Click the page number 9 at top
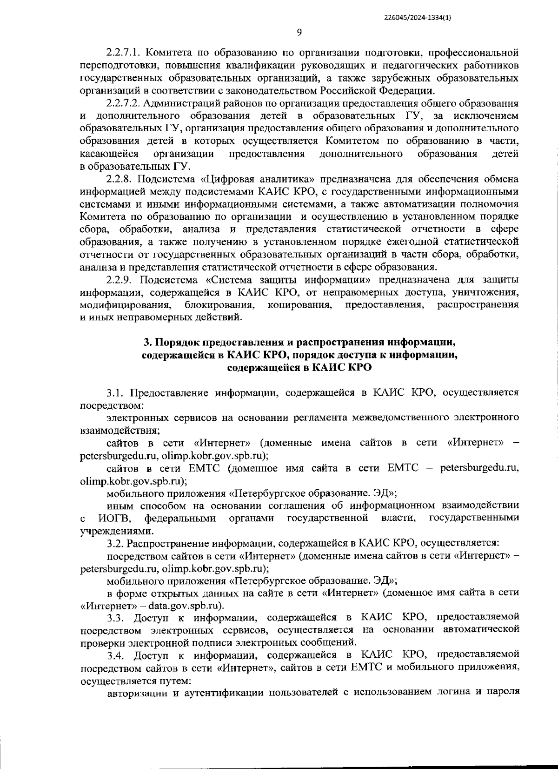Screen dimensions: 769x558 [x=299, y=32]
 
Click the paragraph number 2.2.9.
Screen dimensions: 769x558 [x=118, y=280]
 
